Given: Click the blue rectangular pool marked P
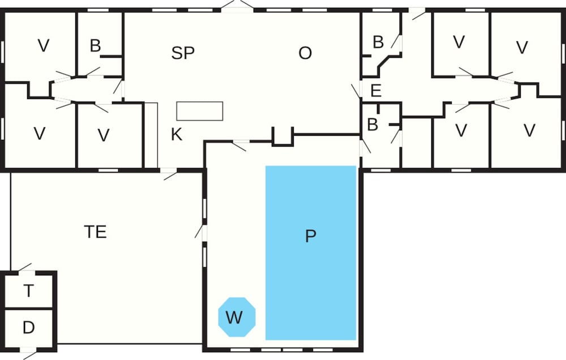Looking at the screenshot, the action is (311, 253).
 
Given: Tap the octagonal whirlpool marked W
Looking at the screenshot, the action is (237, 317).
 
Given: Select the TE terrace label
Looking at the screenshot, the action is (95, 232).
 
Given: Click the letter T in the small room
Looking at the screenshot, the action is (28, 291).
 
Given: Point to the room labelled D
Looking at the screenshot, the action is (28, 328).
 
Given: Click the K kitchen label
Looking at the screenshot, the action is (177, 134).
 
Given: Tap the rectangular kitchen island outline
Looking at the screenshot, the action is (200, 111).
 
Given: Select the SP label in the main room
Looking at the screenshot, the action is (183, 53).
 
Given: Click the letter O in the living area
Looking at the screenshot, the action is (305, 53).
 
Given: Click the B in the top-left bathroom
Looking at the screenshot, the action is (95, 46).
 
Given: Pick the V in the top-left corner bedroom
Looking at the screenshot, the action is (44, 46).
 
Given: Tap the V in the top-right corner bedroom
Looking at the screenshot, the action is (522, 48).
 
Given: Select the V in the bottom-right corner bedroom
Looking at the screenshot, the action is (529, 130).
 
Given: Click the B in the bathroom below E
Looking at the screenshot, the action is (372, 125).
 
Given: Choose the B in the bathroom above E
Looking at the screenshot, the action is (378, 42).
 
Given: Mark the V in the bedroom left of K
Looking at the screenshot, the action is (104, 135).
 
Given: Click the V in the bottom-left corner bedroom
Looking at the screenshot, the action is (40, 134).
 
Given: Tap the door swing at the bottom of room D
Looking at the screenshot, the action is (29, 354).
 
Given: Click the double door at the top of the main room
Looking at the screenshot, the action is (238, 6).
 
